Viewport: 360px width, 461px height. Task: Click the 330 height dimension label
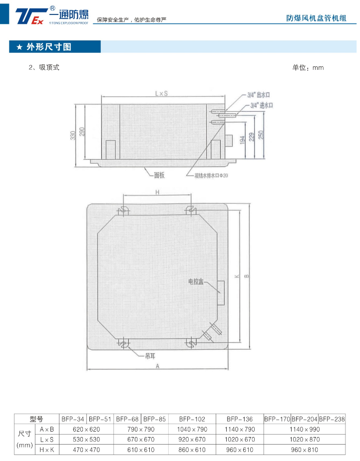coord(73,136)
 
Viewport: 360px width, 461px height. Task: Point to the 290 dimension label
coord(82,132)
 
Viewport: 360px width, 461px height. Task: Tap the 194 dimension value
coord(242,140)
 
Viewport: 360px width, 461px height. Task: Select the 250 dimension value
coord(261,135)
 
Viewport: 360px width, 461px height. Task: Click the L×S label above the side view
coord(161,93)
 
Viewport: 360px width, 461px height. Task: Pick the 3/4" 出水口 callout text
coord(259,95)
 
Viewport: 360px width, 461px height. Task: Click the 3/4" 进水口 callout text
coord(262,105)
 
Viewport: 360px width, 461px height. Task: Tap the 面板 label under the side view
coord(159,175)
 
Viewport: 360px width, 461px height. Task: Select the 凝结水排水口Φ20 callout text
coord(211,176)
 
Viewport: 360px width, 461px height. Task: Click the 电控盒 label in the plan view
coord(196,282)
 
